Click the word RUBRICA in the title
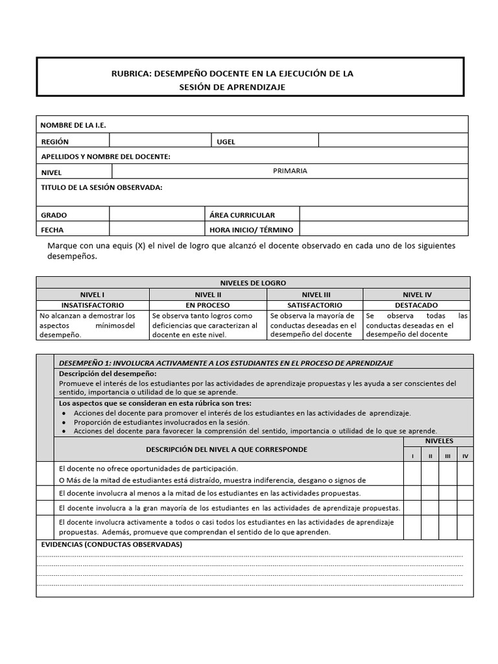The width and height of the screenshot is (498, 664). point(130,74)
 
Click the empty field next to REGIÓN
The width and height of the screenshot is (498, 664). point(160,141)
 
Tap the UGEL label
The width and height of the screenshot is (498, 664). point(226,141)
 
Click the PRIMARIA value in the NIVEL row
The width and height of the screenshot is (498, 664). point(290,171)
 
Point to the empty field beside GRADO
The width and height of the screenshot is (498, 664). point(156,215)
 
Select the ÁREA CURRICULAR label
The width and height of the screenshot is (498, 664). point(242,215)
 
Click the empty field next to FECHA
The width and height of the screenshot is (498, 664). point(156,230)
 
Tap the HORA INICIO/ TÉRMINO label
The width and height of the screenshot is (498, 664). point(251,230)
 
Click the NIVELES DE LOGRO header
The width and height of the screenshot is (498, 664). point(253,283)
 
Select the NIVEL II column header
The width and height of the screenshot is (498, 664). point(208,294)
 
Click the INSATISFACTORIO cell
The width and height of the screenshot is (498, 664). point(93,305)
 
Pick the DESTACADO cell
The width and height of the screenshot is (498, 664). point(416,305)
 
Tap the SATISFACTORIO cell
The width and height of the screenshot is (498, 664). point(314,305)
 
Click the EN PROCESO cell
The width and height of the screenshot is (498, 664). point(208,305)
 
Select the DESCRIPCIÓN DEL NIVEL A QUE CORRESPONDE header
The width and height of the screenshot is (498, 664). point(227,449)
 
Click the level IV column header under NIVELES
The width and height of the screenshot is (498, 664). point(465,456)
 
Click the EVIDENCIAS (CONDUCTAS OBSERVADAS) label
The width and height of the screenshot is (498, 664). point(112,544)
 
